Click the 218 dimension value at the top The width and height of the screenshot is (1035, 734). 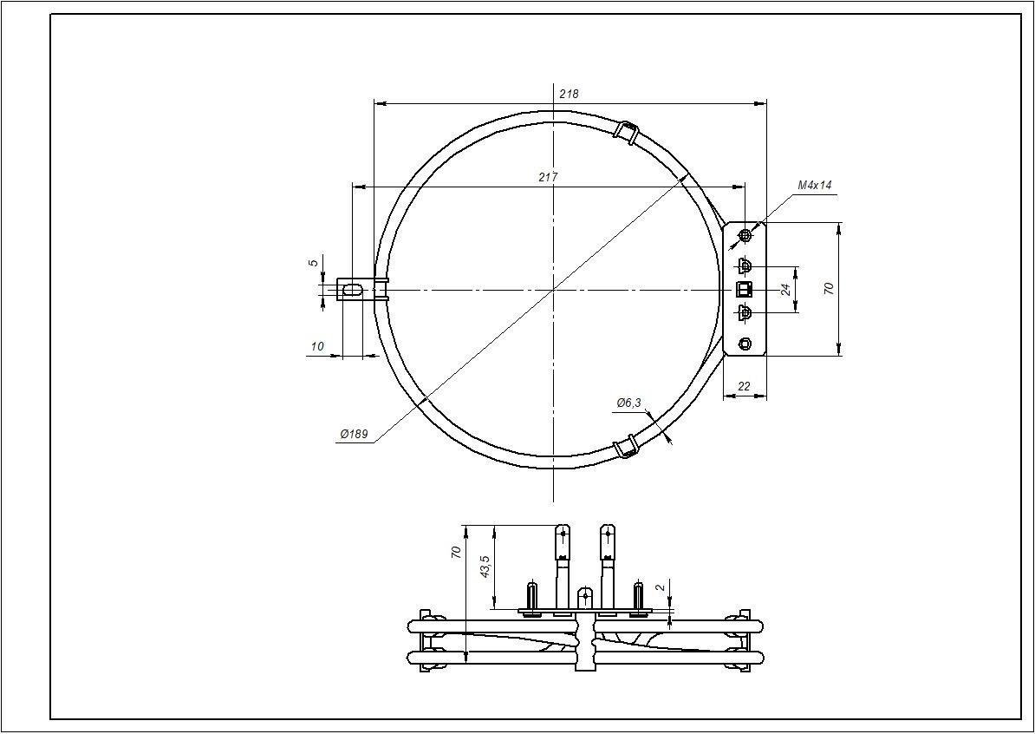point(569,94)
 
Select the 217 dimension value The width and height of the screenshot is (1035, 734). point(548,177)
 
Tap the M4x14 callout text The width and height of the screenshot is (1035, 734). point(814,186)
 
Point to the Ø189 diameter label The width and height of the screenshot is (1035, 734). point(355,435)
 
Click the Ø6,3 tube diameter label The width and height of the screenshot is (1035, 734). point(628,403)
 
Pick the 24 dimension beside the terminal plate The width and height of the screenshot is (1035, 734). point(786,289)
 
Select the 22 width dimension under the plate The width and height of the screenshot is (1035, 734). point(744,386)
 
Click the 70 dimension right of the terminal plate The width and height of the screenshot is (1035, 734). point(829,289)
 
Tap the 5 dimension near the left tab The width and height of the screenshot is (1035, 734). point(314,262)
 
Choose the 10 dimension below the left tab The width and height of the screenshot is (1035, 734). point(317,346)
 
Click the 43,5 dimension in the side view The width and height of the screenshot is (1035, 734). point(485,567)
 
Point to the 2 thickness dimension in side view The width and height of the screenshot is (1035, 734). point(661,587)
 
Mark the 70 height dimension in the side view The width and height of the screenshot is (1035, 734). point(457,553)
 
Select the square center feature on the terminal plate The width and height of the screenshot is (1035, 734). point(744,289)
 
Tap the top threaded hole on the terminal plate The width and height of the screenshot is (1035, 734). point(745,235)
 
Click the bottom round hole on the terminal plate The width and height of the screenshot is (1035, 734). point(745,344)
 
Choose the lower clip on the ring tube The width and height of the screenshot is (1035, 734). point(625,447)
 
